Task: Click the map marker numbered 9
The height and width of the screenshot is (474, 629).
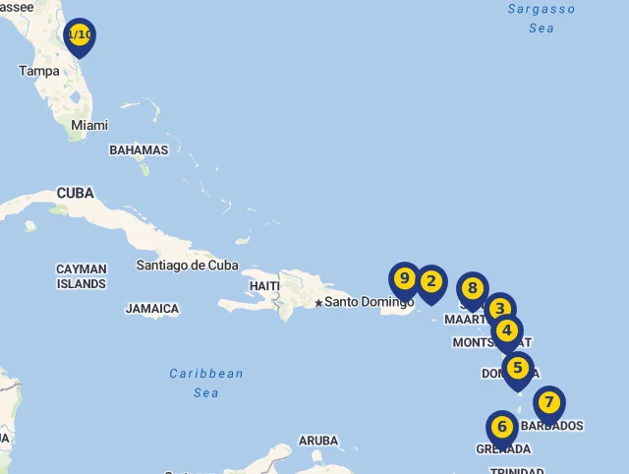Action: [404, 279]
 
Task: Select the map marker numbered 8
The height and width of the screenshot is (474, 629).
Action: [473, 289]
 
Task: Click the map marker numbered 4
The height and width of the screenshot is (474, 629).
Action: [507, 331]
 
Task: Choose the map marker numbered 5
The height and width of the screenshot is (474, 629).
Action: [518, 370]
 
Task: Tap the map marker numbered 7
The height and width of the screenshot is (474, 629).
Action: [549, 403]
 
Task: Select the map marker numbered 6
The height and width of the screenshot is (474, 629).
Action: [502, 428]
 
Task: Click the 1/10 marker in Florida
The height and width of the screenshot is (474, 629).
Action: [80, 36]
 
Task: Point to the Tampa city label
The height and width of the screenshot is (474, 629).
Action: [39, 71]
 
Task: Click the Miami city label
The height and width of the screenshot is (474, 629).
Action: [89, 125]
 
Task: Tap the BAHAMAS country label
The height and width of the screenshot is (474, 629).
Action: [139, 150]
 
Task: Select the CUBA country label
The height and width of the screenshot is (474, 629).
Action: [75, 193]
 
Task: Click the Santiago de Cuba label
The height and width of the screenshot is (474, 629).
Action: [188, 265]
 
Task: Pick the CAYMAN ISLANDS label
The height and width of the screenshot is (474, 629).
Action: [81, 276]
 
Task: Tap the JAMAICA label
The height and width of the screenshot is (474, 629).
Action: [152, 309]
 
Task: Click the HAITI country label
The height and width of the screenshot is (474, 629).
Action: [265, 285]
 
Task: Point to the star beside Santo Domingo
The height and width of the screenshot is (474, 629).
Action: [318, 302]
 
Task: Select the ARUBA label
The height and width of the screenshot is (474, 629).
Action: [318, 441]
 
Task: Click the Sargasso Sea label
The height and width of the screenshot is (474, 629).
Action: [542, 18]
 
